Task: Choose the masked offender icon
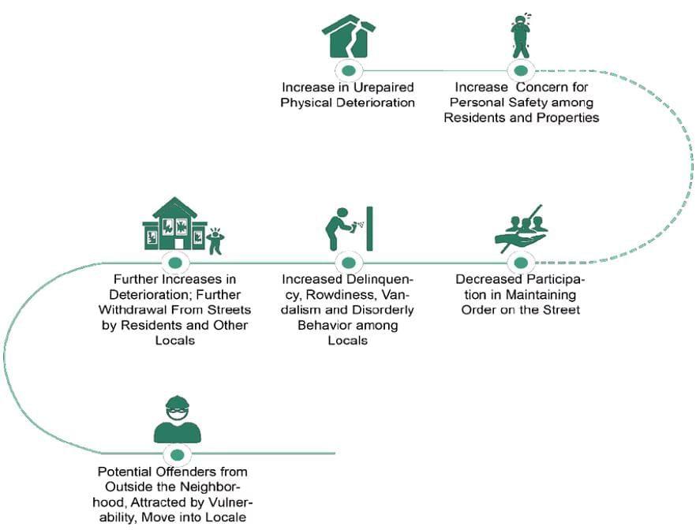point(177,420)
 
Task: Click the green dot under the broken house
point(347,69)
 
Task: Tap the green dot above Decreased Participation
point(519,262)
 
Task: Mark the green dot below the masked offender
point(177,454)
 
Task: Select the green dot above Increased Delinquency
point(347,262)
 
